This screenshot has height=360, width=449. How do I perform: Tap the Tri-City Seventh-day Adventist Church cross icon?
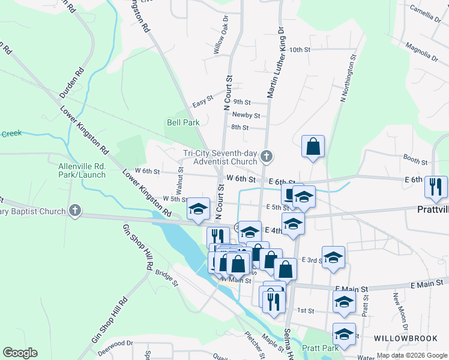pyautogui.click(x=268, y=158)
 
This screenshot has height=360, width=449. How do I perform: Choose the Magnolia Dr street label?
pyautogui.click(x=421, y=52)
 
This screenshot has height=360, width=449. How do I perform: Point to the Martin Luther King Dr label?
pyautogui.click(x=274, y=60)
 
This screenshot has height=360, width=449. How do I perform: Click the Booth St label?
pyautogui.click(x=415, y=159)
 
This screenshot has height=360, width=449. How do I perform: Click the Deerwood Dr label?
pyautogui.click(x=115, y=344)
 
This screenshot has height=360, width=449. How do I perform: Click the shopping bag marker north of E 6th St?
pyautogui.click(x=313, y=146)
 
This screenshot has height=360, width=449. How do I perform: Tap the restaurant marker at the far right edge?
pyautogui.click(x=435, y=187)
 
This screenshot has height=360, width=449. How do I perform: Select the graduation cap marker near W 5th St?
pyautogui.click(x=199, y=209)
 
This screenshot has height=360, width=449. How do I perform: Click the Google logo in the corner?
pyautogui.click(x=19, y=353)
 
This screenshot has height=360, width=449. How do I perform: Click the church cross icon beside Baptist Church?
pyautogui.click(x=74, y=210)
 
